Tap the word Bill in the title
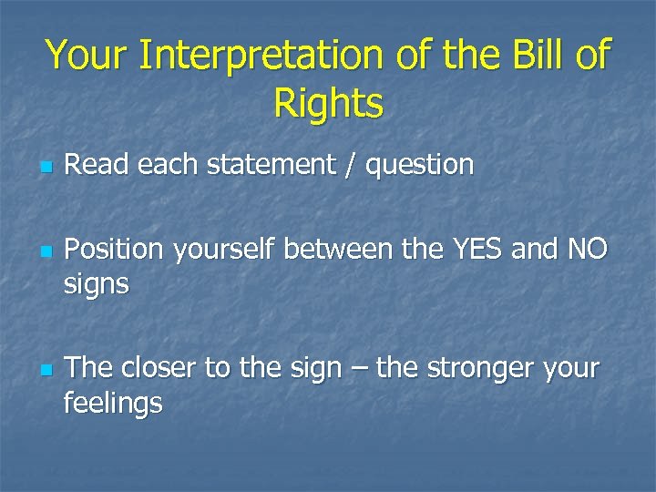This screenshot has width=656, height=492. (x=531, y=56)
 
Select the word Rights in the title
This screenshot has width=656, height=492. (x=328, y=105)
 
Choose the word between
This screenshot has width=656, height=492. (x=333, y=250)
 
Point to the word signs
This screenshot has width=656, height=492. (x=97, y=286)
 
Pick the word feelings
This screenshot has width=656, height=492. (x=113, y=404)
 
